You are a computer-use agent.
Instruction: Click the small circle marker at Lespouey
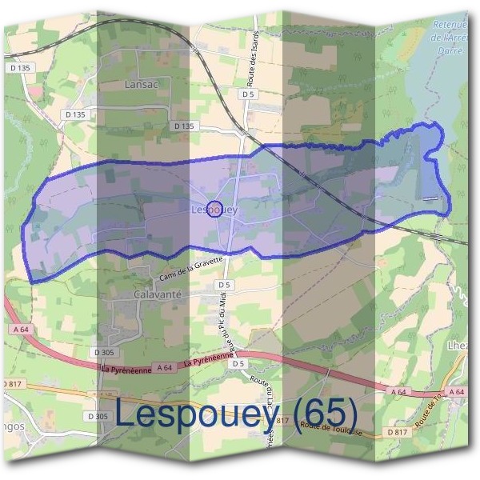[x=214, y=210]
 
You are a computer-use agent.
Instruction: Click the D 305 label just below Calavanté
[x=106, y=352]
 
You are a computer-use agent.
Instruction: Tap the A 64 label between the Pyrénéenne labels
[x=164, y=367]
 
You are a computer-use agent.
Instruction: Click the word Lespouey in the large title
[x=200, y=413]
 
